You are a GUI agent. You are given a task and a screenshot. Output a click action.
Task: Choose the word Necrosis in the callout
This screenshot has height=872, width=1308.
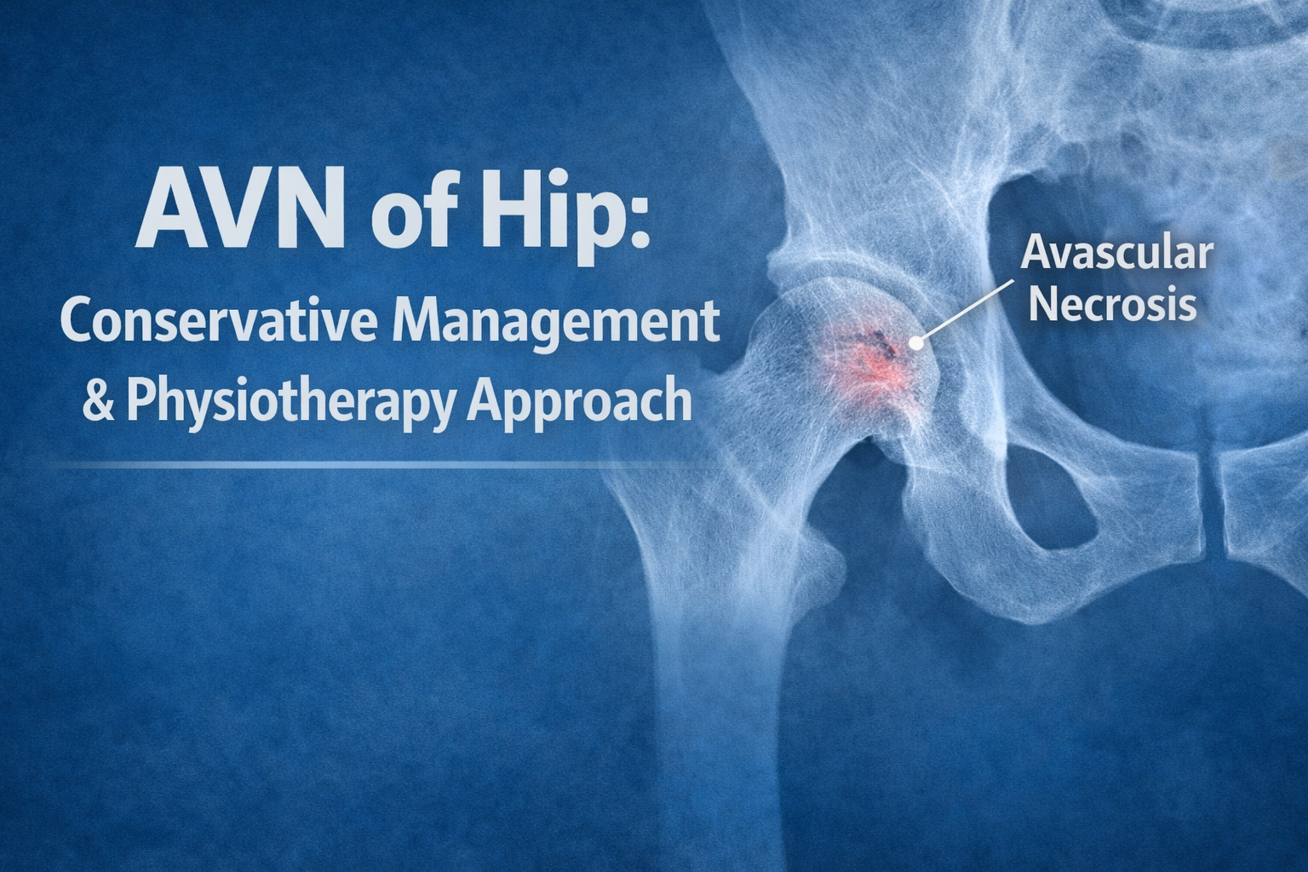pos(1112,305)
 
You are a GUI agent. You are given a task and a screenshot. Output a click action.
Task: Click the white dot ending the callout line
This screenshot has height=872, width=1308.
pos(916,343)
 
